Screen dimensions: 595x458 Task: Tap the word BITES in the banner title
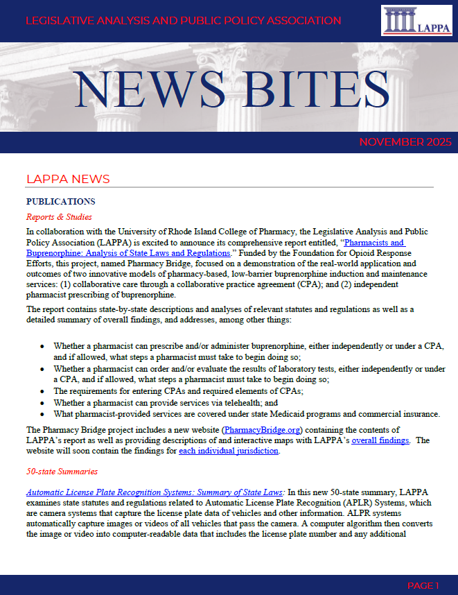tap(317, 90)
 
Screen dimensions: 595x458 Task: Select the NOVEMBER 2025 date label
tap(405, 142)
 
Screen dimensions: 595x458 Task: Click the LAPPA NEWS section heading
tap(68, 179)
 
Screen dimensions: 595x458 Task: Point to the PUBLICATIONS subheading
tap(60, 202)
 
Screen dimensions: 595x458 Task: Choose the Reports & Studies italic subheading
tap(59, 217)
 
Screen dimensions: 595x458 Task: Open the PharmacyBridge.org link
tap(263, 430)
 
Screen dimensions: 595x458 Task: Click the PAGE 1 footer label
tap(423, 586)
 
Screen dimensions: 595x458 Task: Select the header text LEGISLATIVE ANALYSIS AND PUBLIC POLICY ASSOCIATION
tap(183, 21)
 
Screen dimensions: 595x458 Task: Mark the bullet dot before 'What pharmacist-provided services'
tap(43, 414)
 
